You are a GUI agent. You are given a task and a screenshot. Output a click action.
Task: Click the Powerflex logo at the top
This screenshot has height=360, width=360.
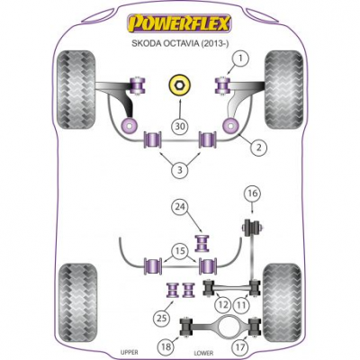click(x=179, y=23)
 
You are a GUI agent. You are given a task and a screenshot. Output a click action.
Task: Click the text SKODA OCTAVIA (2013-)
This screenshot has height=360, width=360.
click(x=180, y=43)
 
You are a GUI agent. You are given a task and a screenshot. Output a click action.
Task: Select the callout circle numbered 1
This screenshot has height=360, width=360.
click(x=239, y=59)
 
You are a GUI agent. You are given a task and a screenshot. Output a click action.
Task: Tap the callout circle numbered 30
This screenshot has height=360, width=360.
click(x=180, y=126)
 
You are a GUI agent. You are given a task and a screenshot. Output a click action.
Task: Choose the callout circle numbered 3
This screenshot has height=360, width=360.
click(x=180, y=170)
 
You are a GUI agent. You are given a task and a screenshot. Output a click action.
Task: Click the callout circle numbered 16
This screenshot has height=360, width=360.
click(x=252, y=193)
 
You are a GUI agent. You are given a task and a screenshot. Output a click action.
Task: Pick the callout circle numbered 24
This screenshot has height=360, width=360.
click(x=181, y=207)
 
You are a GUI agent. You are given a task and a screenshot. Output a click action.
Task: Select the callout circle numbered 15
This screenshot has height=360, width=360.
click(x=181, y=251)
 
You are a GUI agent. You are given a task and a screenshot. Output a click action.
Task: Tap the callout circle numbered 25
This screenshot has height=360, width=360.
click(x=162, y=319)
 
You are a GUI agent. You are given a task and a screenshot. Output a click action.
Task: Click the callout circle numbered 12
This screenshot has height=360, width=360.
click(x=222, y=305)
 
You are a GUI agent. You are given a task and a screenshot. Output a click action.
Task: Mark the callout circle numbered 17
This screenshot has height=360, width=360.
click(x=240, y=347)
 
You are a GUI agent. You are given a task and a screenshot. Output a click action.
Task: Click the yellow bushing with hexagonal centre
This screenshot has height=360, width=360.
click(x=179, y=85)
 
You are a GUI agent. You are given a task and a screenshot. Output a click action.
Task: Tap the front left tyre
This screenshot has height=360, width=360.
click(x=76, y=90)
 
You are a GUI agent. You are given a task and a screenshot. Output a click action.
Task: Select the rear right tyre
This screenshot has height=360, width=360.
click(x=283, y=303)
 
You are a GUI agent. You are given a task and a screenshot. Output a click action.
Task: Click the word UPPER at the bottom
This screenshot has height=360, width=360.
click(x=129, y=352)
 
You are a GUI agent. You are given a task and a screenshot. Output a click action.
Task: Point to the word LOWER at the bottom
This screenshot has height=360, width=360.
click(x=203, y=353)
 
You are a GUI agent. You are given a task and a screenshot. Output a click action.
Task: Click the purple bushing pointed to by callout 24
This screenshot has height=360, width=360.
click(x=202, y=243)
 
